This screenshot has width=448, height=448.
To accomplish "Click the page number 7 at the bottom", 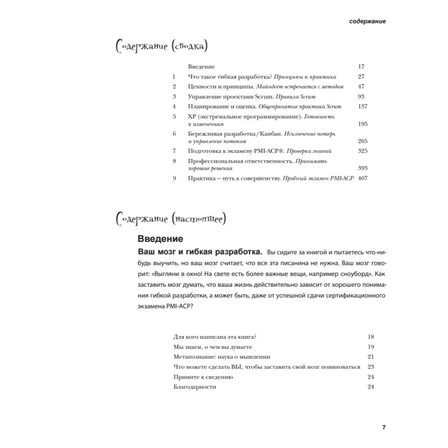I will (384, 426).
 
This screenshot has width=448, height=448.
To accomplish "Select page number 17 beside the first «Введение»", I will (362, 66).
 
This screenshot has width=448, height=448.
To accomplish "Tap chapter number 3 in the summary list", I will (174, 96).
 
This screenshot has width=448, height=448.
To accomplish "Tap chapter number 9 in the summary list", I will (174, 178).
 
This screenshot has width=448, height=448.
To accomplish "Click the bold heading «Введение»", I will (159, 238).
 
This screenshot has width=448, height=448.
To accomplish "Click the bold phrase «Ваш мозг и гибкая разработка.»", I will (199, 250).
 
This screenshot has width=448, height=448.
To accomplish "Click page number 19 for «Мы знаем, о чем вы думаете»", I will (370, 347).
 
